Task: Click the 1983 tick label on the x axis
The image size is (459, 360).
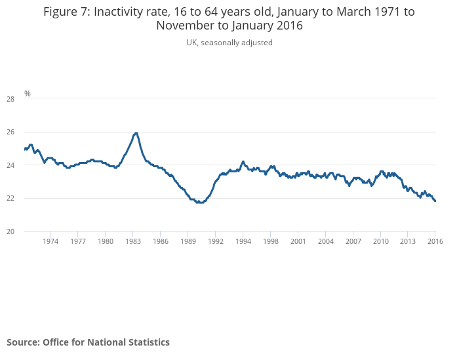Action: tap(133, 241)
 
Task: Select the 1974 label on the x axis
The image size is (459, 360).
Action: tap(50, 241)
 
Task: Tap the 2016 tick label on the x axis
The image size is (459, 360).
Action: tap(435, 241)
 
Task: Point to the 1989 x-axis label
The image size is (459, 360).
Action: tap(188, 241)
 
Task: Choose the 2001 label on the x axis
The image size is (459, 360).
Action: tap(298, 241)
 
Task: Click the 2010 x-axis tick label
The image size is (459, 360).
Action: tap(381, 241)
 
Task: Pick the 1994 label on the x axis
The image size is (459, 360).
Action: tap(243, 241)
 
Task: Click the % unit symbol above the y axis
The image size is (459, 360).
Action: tap(28, 94)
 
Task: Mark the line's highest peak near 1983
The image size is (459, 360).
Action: tap(135, 133)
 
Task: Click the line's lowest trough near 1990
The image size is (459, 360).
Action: tap(199, 203)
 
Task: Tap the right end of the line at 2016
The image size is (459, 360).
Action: tap(435, 201)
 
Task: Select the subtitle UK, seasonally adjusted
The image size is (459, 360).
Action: tap(229, 43)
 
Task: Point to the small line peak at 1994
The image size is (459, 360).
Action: tap(243, 161)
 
